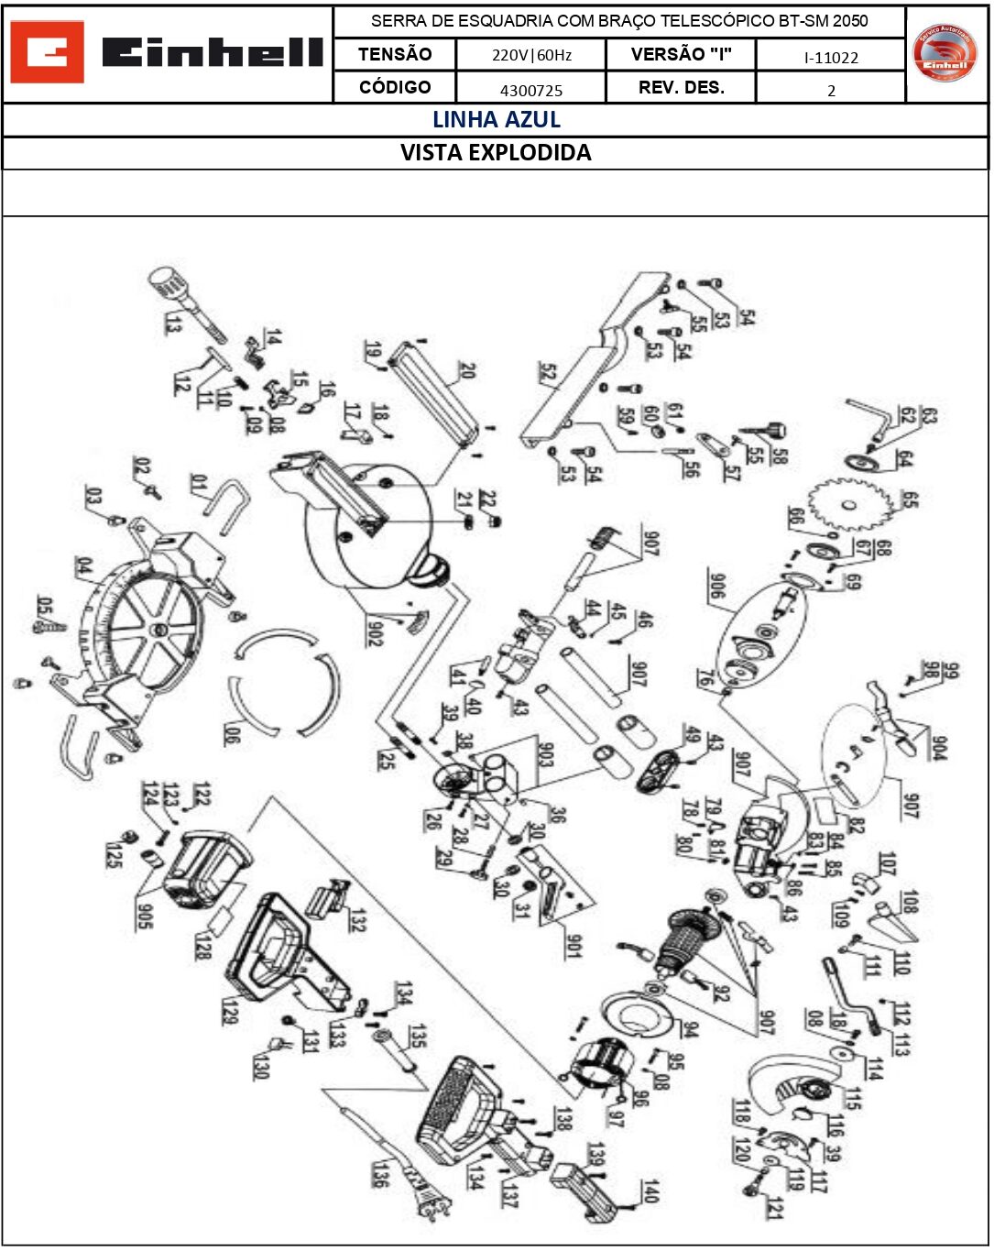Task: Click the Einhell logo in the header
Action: coord(167,52)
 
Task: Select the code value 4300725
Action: coord(531,90)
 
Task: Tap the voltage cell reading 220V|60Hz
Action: coord(531,55)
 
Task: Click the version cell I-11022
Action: coord(831,58)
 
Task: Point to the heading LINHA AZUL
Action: coord(496,120)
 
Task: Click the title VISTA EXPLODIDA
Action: coord(496,153)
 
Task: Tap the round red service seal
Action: coord(945,53)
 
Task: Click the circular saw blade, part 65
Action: coord(850,503)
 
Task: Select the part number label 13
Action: coord(173,323)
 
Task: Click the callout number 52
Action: coord(547,372)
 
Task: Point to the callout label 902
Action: coord(374,632)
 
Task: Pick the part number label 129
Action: coord(230,1011)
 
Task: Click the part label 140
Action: coord(650,1191)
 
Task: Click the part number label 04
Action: coord(84,566)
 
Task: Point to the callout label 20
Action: coord(467,370)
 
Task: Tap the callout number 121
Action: coord(775,1208)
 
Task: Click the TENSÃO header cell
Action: coord(395,54)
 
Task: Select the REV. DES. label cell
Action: coord(681,88)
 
